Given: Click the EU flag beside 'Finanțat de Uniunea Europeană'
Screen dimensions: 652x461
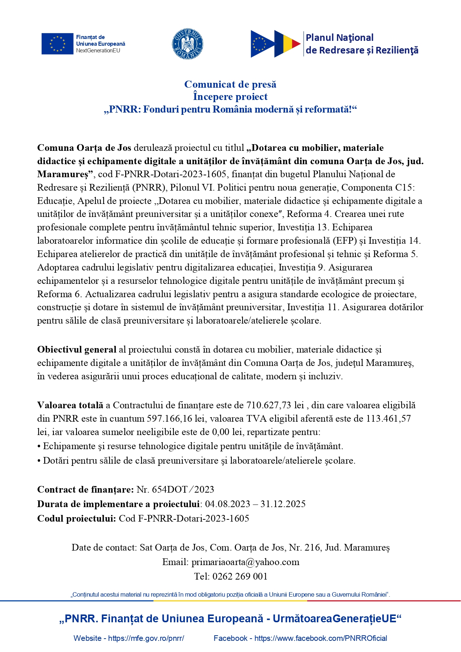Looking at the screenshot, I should click(x=57, y=43).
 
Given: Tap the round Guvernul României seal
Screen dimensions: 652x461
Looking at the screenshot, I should click(x=188, y=43).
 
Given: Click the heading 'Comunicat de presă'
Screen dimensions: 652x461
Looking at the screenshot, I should click(x=230, y=84).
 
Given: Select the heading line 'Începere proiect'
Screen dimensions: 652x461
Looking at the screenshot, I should click(x=230, y=97).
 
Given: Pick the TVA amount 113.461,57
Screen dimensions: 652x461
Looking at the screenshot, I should click(x=388, y=418).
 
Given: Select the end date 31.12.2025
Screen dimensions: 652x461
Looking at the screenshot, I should click(x=283, y=504).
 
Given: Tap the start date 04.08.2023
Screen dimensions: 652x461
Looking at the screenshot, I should click(x=227, y=504).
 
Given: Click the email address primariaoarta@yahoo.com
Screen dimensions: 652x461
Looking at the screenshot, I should click(x=245, y=562).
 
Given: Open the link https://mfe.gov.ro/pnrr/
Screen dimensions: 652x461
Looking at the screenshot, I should click(x=146, y=638).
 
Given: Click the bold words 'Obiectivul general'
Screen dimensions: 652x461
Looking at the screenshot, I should click(x=77, y=350).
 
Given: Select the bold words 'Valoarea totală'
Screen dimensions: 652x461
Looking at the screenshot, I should click(x=70, y=405).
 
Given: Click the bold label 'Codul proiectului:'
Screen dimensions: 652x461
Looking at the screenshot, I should click(x=77, y=518).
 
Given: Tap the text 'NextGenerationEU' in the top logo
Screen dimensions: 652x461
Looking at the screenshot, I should click(x=98, y=51).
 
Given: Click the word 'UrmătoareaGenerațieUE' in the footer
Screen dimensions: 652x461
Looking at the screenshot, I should click(x=334, y=619).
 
